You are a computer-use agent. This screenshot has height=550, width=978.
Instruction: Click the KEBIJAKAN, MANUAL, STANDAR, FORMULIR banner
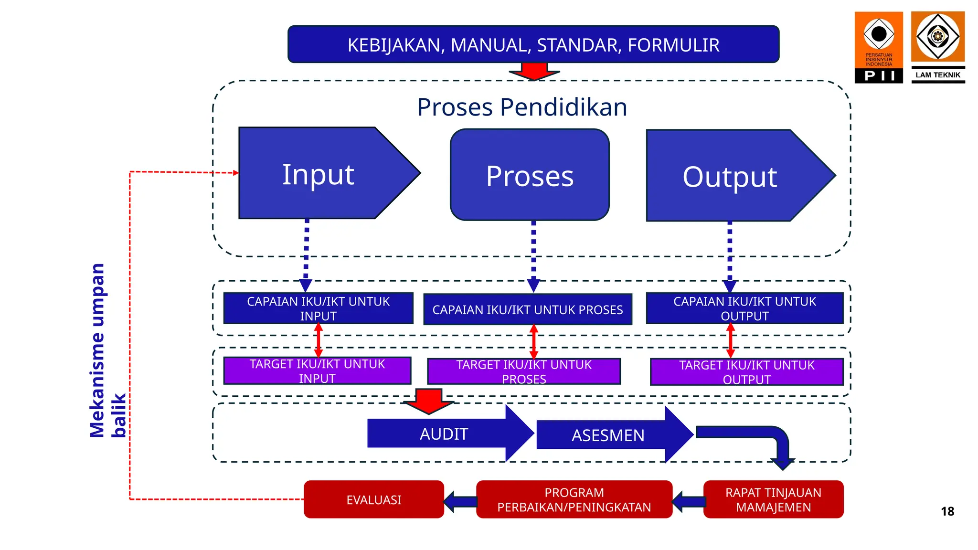coord(533,44)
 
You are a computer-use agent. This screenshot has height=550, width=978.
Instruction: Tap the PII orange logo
coord(879,47)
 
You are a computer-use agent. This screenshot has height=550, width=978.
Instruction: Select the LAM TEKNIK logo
coord(938,47)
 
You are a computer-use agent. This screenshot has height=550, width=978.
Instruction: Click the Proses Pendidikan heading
coord(522,107)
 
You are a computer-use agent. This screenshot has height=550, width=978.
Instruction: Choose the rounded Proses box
coord(530,175)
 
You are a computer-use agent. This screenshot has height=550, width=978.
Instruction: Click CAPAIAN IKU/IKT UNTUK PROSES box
coord(528,309)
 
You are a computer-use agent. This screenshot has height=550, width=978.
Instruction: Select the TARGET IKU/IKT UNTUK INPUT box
coord(317,371)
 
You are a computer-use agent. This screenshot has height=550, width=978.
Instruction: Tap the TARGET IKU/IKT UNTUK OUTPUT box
coord(746,372)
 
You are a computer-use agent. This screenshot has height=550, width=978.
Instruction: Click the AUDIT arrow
coord(444,434)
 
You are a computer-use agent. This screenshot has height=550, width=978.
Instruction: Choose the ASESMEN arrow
coord(608,435)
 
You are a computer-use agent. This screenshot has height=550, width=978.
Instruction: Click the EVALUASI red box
coord(374,499)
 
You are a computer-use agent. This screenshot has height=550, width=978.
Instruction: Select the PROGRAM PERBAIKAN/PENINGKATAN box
coord(574,499)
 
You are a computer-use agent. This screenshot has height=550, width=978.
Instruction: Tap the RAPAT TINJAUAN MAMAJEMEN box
coord(773,499)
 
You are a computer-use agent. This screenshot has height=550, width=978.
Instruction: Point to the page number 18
coord(947,511)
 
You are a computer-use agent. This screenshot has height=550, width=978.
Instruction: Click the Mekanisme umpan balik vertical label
coord(108,351)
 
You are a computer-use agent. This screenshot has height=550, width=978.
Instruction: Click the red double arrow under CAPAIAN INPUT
coord(319,340)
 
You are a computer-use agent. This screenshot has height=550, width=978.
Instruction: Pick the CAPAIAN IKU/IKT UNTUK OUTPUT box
coord(744,308)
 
